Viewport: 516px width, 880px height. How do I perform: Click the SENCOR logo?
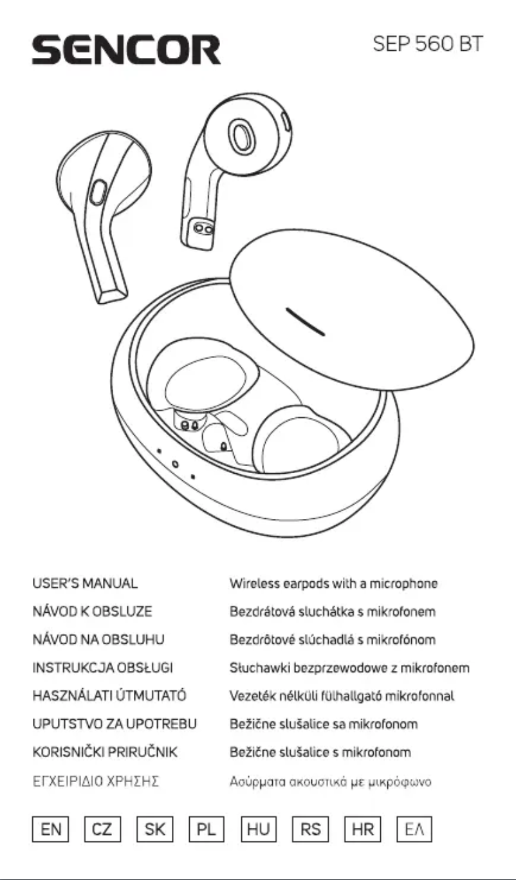click(x=127, y=48)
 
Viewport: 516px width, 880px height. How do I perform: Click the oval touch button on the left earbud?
click(x=98, y=191)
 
